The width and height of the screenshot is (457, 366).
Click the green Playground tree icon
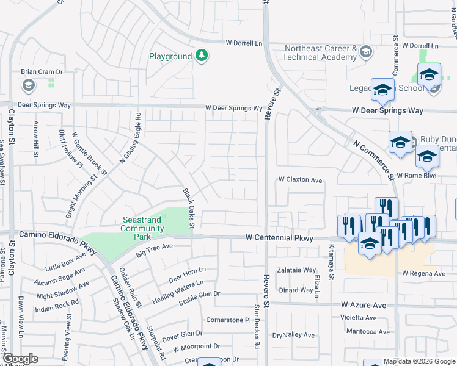click(202, 57)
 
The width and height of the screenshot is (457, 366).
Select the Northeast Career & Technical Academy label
click(319, 52)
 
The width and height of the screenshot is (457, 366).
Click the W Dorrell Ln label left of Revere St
click(244, 43)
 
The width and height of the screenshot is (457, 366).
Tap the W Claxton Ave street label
click(300, 180)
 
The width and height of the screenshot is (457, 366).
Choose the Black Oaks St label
click(188, 209)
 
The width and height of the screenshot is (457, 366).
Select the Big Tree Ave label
click(155, 248)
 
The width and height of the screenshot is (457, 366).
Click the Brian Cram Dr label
click(42, 71)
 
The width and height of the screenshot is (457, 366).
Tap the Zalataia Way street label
click(296, 270)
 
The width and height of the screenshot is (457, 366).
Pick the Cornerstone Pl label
click(229, 320)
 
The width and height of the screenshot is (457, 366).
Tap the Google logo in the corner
click(20, 359)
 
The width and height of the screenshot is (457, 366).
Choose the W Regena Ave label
click(423, 274)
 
